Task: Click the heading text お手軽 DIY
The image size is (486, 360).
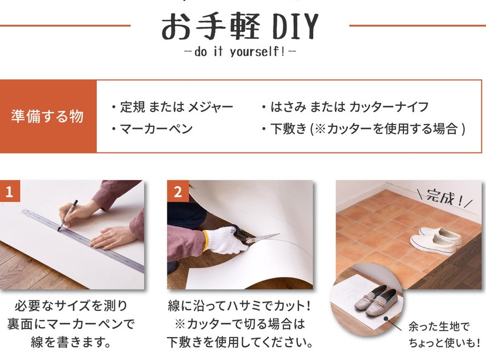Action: click(x=240, y=26)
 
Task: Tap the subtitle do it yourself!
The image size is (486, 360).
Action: click(x=240, y=52)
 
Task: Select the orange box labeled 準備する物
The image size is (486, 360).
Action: click(x=48, y=116)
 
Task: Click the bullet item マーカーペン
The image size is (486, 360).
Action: click(x=153, y=128)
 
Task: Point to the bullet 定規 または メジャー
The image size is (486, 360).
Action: click(x=172, y=107)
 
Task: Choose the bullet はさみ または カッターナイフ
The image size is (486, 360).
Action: click(x=346, y=107)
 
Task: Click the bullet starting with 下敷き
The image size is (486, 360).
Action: click(x=363, y=128)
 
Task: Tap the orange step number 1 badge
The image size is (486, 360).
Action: click(x=10, y=191)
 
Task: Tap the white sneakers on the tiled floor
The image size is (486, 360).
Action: click(x=436, y=239)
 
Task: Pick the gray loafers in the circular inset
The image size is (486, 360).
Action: click(x=376, y=301)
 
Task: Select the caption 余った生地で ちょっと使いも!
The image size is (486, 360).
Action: click(x=444, y=334)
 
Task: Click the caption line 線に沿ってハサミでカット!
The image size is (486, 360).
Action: click(x=239, y=306)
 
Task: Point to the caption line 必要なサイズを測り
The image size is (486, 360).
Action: click(x=71, y=306)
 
